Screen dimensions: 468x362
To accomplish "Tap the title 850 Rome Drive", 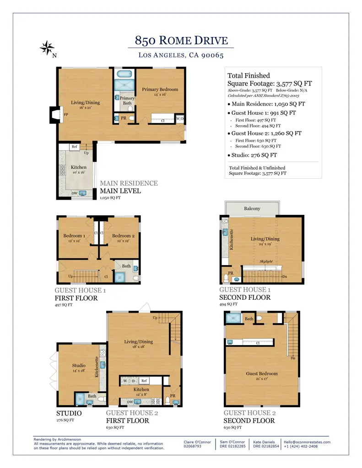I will pos(181,41).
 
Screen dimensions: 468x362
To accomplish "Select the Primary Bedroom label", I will pos(160,89).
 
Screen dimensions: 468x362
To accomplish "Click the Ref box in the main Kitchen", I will pos(74,147).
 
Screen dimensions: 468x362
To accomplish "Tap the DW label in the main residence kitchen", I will pos(74,193).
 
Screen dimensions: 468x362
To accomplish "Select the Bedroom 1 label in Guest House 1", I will pos(74,236).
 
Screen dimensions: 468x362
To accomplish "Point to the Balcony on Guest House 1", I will pos(252,208).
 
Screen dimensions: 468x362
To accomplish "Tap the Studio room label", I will pos(79,366).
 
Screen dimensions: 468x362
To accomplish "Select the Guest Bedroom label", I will pos(262,373).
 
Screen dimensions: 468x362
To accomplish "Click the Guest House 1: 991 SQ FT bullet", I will pos(264,112).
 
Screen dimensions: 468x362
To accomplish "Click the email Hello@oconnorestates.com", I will pos(307,442).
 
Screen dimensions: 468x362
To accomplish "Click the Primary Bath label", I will pos(127,100).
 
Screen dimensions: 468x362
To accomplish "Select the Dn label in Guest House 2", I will pos(292,358).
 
